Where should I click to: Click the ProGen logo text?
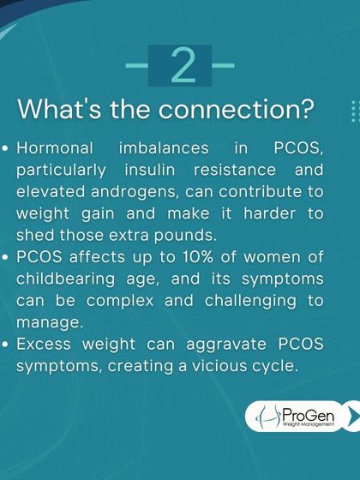point(306,414)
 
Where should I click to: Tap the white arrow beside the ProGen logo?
point(351,414)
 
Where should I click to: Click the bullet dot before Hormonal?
point(7,150)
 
